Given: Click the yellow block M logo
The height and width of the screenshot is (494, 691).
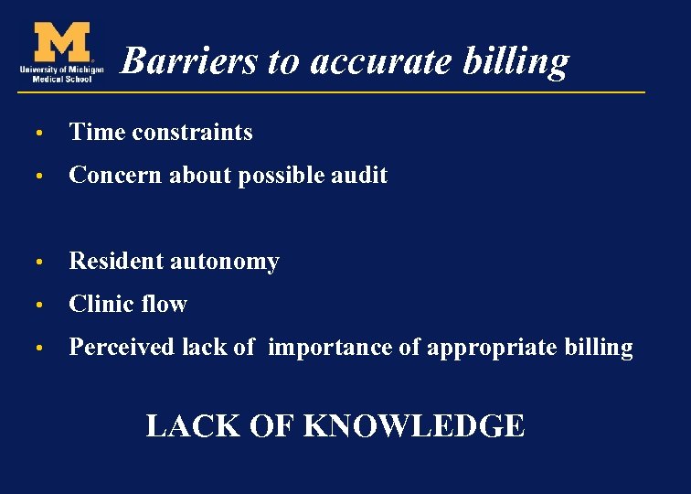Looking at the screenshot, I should [x=61, y=42].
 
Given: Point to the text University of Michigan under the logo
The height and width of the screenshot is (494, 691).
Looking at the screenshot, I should [x=61, y=70].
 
